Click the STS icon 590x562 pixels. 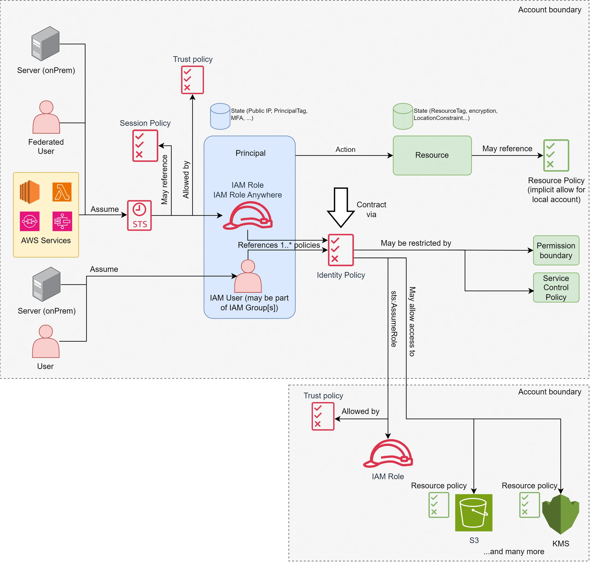click(x=139, y=215)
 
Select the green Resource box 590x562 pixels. click(x=432, y=155)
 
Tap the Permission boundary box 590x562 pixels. click(x=556, y=250)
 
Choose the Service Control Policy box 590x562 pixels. click(x=556, y=288)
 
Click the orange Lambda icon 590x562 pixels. click(x=62, y=192)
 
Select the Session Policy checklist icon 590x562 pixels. click(x=145, y=146)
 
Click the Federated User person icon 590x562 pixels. click(x=46, y=117)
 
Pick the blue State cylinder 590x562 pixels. click(x=220, y=116)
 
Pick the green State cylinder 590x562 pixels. click(x=403, y=116)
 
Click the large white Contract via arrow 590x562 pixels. click(x=341, y=207)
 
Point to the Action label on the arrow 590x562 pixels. click(x=345, y=149)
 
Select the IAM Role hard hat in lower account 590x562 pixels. click(x=388, y=453)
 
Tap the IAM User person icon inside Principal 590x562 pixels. click(x=248, y=276)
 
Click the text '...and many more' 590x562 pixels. click(x=514, y=551)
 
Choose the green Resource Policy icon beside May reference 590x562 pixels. click(x=556, y=155)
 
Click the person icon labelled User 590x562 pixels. click(x=46, y=341)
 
